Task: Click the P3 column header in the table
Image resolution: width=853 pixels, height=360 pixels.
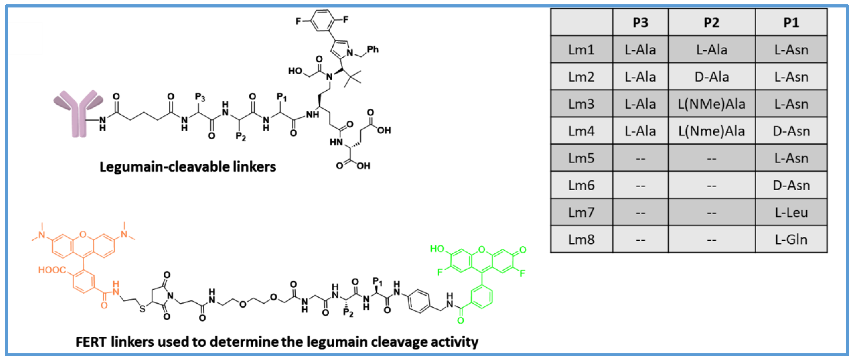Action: pos(640,22)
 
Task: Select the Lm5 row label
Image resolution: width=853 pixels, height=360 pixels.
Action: pos(581,158)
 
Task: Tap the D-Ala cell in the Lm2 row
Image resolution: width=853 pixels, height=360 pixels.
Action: pos(712,77)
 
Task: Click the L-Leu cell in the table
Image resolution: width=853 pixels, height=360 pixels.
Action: pos(791,212)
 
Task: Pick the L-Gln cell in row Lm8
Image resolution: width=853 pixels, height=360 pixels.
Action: pos(791,239)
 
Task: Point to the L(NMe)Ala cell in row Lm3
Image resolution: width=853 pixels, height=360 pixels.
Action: pos(712,104)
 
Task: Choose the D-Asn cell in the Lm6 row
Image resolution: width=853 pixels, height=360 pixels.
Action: pos(791,185)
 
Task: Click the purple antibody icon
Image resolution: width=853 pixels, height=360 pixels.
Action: pos(79,113)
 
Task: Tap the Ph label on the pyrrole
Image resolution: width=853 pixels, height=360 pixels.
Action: pos(373,50)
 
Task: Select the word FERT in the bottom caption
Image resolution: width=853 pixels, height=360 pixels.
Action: pos(91,342)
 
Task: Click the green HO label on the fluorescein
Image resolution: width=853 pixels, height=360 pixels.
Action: pos(437,249)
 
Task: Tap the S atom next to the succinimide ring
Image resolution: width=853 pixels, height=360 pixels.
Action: pos(142,309)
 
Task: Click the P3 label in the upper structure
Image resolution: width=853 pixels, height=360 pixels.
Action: pos(200,97)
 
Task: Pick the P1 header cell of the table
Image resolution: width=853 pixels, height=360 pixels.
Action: pos(791,22)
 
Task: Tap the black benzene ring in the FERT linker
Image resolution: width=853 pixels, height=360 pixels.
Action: pos(419,301)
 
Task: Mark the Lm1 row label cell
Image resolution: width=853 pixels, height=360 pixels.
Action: pos(581,50)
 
